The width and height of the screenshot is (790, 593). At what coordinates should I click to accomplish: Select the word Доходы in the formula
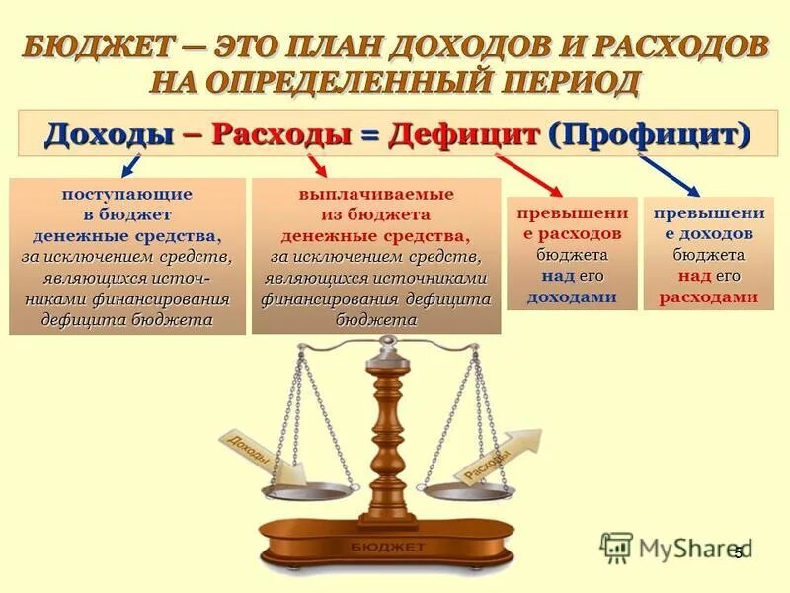[108, 133]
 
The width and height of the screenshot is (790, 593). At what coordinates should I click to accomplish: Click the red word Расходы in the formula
[281, 133]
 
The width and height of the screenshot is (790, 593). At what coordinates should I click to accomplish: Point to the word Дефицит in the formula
[463, 133]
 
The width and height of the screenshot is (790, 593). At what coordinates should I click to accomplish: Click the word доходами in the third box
[572, 296]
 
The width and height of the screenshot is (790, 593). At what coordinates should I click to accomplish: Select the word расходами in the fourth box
[708, 296]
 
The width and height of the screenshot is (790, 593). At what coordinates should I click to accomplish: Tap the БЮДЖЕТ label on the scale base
[387, 546]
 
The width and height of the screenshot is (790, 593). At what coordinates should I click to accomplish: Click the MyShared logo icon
[617, 547]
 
